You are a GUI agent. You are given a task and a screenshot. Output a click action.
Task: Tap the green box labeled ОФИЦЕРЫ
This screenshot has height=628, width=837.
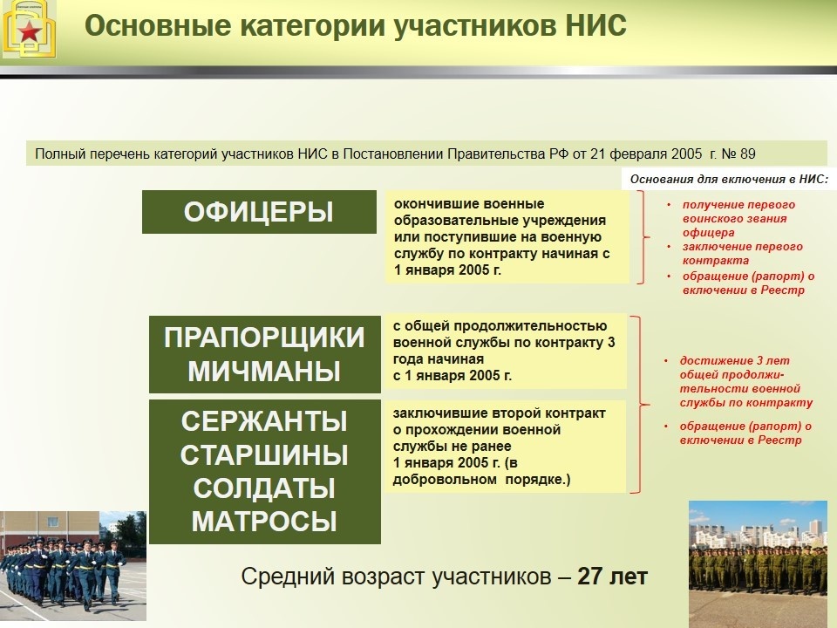259,212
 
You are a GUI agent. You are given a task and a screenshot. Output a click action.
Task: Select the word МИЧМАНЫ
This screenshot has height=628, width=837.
264,372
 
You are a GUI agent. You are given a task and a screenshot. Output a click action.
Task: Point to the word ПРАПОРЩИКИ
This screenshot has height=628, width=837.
264,338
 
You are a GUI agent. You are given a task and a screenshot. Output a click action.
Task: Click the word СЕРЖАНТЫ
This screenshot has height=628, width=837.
264,421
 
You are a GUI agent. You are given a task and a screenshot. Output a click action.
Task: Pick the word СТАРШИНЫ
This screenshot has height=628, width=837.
264,454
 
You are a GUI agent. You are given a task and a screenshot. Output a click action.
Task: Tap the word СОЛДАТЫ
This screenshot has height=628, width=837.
264,488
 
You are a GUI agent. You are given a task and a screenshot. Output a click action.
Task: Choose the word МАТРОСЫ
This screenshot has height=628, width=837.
264,522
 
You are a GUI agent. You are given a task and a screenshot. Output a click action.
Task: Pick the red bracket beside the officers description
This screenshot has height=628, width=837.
644,237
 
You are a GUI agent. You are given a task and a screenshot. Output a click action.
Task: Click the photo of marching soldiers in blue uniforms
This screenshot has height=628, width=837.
63,558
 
